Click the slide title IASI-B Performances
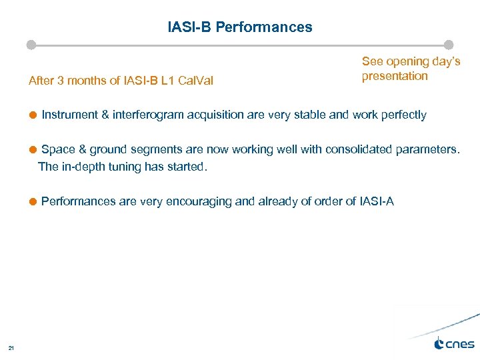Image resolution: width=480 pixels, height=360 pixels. pyautogui.click(x=240, y=27)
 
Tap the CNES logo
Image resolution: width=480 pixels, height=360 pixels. pyautogui.click(x=454, y=344)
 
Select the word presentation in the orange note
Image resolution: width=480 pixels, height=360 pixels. pyautogui.click(x=395, y=76)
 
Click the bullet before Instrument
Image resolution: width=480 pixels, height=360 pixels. pyautogui.click(x=33, y=115)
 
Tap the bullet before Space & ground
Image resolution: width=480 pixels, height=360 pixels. pyautogui.click(x=33, y=149)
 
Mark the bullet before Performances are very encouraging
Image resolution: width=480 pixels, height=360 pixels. pyautogui.click(x=33, y=201)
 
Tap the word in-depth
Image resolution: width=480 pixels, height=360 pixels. pyautogui.click(x=83, y=167)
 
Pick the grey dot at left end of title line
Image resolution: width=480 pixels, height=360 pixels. pyautogui.click(x=31, y=45)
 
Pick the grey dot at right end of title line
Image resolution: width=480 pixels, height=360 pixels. pyautogui.click(x=449, y=45)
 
